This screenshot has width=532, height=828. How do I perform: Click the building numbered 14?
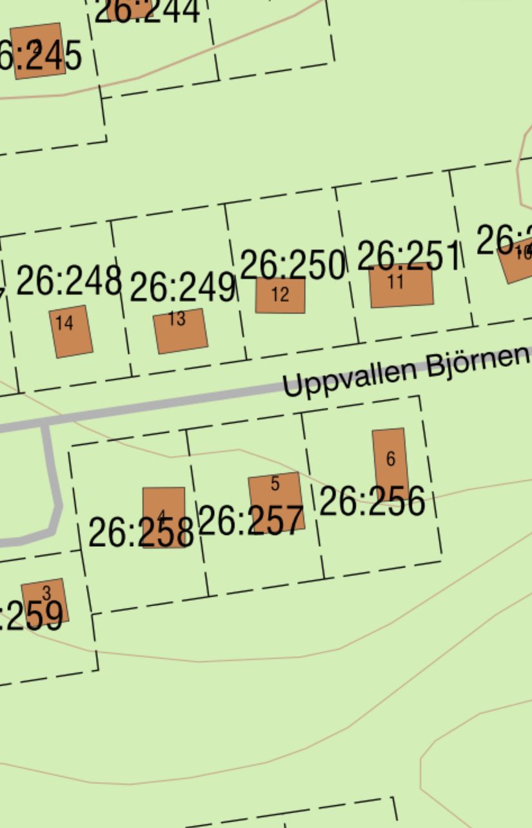[71, 331]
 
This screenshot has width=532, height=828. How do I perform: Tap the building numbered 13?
[181, 331]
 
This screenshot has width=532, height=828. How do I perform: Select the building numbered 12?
[280, 295]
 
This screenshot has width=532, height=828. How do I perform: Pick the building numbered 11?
[401, 286]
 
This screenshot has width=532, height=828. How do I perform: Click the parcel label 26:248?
[68, 281]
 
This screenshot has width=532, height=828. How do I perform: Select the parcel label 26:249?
[182, 287]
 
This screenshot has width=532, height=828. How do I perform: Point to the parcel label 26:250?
[292, 264]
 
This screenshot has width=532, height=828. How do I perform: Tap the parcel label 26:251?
[409, 256]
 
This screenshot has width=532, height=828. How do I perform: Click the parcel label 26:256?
[372, 502]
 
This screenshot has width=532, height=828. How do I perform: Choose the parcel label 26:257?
[250, 520]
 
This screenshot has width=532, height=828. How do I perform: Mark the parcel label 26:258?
[141, 533]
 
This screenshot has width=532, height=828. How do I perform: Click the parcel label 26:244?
[147, 12]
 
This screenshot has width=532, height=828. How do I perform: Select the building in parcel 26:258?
[164, 517]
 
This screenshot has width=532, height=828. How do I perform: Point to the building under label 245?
[38, 51]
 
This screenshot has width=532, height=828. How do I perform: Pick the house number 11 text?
[396, 281]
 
